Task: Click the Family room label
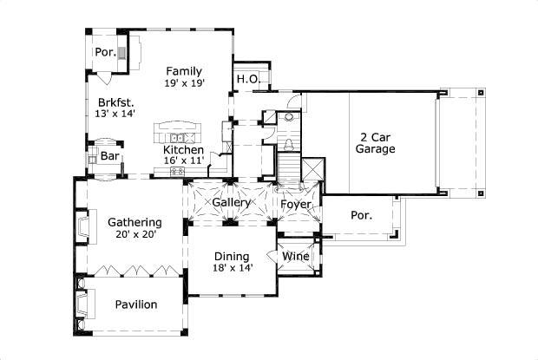pyautogui.click(x=184, y=71)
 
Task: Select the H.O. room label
pyautogui.click(x=246, y=80)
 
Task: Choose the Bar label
pyautogui.click(x=110, y=156)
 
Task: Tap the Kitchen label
pyautogui.click(x=184, y=149)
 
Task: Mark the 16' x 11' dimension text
pyautogui.click(x=184, y=162)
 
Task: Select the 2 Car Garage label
pyautogui.click(x=376, y=142)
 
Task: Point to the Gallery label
pyautogui.click(x=232, y=203)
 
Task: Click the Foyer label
pyautogui.click(x=295, y=204)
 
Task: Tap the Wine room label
pyautogui.click(x=295, y=256)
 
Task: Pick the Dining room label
pyautogui.click(x=232, y=256)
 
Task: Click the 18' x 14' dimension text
pyautogui.click(x=232, y=269)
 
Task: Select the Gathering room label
pyautogui.click(x=134, y=222)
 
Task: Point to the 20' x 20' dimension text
pyautogui.click(x=134, y=236)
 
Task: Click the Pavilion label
pyautogui.click(x=136, y=304)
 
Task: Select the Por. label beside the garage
pyautogui.click(x=362, y=215)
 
